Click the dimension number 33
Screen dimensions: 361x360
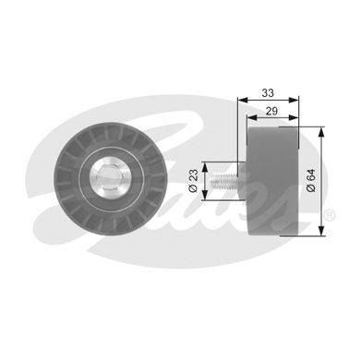(x=268, y=93)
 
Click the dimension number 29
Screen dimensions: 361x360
(x=271, y=111)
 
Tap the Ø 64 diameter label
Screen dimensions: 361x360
(x=311, y=180)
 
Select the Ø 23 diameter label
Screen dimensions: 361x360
(x=193, y=181)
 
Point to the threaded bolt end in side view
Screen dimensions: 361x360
(x=223, y=181)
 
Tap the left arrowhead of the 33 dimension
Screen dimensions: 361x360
(x=243, y=100)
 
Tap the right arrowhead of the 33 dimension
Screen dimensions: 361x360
(x=294, y=100)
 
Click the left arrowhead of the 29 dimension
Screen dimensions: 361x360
(x=252, y=117)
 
